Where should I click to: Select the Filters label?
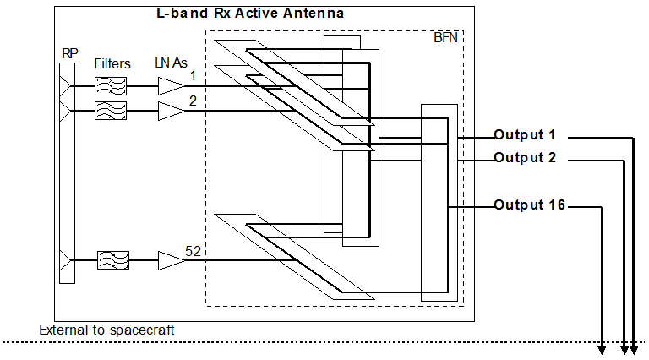(112, 63)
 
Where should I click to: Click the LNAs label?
(171, 63)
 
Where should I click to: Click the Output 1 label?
(525, 135)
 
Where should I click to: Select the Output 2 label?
(525, 157)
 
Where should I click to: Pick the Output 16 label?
(529, 205)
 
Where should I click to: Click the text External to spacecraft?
(106, 330)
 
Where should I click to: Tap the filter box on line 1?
(111, 86)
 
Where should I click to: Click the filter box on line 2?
(111, 110)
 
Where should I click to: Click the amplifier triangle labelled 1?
(170, 86)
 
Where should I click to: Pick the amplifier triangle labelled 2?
(170, 110)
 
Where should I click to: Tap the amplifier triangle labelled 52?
(170, 262)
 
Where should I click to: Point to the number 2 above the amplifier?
(193, 101)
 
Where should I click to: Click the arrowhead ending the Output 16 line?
(603, 348)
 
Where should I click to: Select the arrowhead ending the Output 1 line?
(635, 348)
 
